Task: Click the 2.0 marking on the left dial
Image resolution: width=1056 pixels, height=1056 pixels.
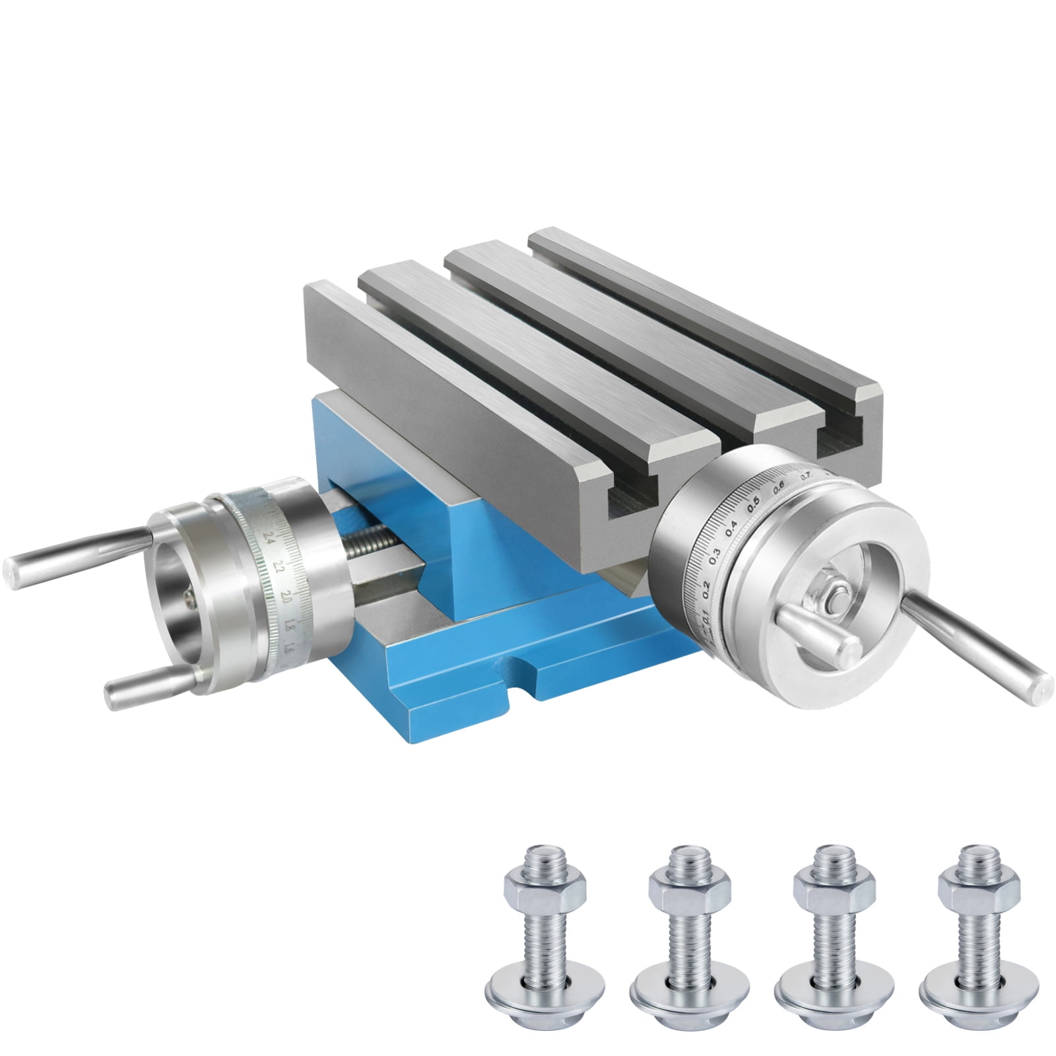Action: [286, 595]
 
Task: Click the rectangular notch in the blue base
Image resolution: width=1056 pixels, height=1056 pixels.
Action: [521, 680]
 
